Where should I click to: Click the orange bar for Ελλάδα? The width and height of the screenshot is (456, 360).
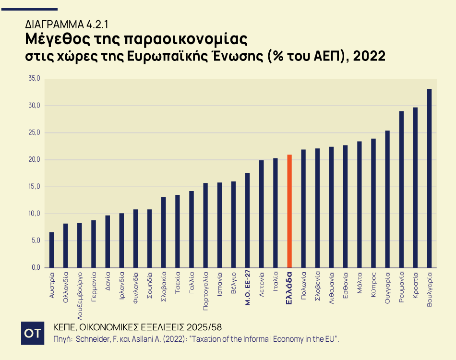point(289,211)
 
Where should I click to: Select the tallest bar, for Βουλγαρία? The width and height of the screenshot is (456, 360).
point(429,178)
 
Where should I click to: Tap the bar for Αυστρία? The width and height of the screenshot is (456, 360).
point(51,250)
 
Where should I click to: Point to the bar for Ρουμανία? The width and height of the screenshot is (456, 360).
point(401,189)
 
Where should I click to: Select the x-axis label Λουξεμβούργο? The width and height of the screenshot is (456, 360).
point(80,290)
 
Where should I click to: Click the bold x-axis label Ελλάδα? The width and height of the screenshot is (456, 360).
point(289,286)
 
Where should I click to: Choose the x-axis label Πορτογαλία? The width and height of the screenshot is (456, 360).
point(205,288)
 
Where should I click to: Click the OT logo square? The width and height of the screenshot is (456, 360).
point(33,333)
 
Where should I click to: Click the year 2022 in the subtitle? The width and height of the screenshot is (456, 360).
point(371,56)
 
